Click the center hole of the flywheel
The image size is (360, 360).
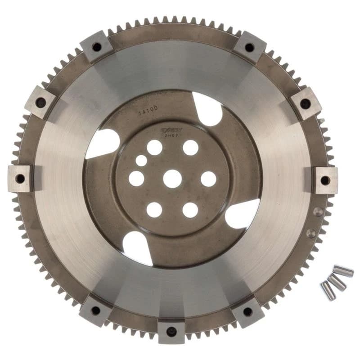172,179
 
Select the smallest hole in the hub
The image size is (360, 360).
142,161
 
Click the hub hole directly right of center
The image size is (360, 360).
208,179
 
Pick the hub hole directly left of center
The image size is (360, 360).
136,179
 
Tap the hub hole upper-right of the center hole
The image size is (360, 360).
190,148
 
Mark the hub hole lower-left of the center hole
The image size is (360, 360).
154,209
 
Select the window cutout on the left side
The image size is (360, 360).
103,143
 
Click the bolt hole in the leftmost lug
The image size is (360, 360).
20,179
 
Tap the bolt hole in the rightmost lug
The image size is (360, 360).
324,180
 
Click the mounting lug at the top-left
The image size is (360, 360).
96,46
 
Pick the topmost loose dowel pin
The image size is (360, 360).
343,271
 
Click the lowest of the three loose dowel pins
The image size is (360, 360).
328,291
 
